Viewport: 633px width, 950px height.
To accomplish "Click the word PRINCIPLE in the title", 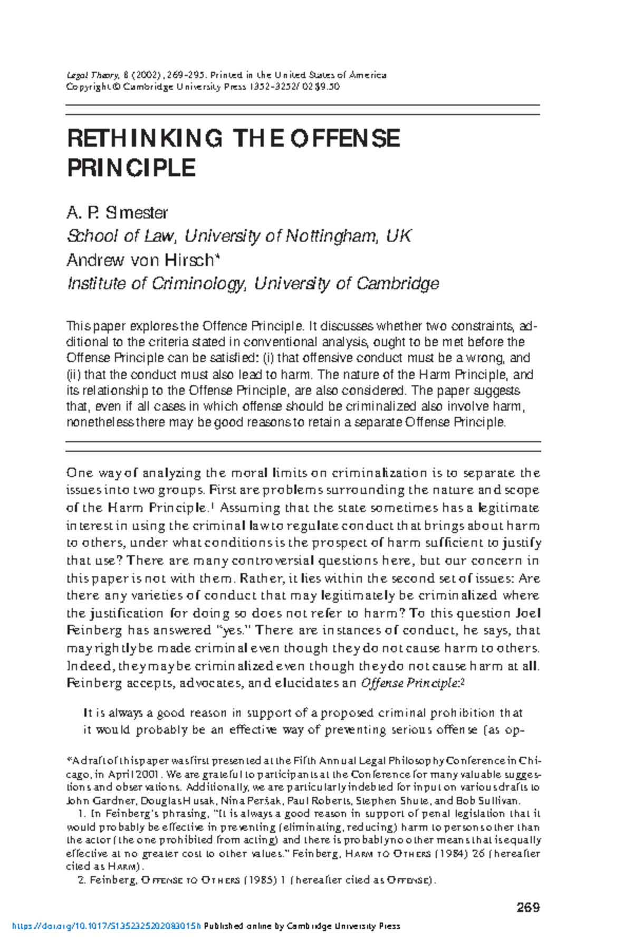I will [131, 168].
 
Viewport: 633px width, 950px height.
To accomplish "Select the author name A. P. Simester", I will [117, 213].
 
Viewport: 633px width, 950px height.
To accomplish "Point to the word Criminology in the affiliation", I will [199, 283].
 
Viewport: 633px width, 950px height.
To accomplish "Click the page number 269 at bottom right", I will [528, 907].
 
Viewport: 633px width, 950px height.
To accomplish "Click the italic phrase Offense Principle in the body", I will [410, 683].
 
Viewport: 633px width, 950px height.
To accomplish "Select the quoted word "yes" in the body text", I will [229, 630].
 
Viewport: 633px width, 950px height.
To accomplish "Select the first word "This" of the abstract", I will [77, 326].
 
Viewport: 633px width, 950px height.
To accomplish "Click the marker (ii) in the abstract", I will [74, 375].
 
